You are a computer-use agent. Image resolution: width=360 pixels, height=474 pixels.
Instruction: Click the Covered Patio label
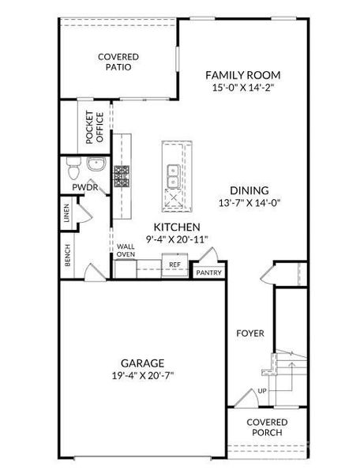point(118,62)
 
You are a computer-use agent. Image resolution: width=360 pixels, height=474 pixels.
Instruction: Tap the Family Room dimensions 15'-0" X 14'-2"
point(243,88)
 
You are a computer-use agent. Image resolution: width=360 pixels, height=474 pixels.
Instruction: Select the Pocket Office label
point(95,127)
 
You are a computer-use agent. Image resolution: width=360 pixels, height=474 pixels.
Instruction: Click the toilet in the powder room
point(73,168)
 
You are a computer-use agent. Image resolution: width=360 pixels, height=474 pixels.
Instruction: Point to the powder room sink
point(96,164)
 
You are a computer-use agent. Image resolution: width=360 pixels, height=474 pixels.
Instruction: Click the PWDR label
point(85,187)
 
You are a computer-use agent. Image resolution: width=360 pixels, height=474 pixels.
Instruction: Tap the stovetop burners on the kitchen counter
point(122,176)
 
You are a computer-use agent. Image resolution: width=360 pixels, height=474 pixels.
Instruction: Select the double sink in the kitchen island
point(173,176)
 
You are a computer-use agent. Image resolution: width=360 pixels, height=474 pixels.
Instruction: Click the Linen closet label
point(67,213)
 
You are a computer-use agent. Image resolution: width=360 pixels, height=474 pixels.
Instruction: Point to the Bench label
point(68,255)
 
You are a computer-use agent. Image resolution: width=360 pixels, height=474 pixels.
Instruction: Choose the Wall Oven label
point(126,250)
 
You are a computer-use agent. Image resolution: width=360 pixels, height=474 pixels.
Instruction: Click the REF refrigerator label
point(174,265)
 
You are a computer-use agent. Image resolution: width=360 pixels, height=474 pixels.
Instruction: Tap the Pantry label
point(209,273)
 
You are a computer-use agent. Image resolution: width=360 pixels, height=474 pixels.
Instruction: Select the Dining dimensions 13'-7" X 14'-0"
point(249,202)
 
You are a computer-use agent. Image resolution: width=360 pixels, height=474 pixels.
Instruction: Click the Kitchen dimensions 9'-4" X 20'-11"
point(178,239)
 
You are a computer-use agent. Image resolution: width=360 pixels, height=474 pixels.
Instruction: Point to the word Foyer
point(250,333)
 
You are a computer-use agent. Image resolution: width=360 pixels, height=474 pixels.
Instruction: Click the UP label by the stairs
point(262,391)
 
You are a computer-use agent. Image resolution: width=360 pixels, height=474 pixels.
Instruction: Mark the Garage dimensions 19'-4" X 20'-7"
point(143,376)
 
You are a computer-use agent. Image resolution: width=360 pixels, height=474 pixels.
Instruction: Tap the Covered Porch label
point(267,427)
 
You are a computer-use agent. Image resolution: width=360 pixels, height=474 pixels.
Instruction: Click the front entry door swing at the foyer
point(247,396)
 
